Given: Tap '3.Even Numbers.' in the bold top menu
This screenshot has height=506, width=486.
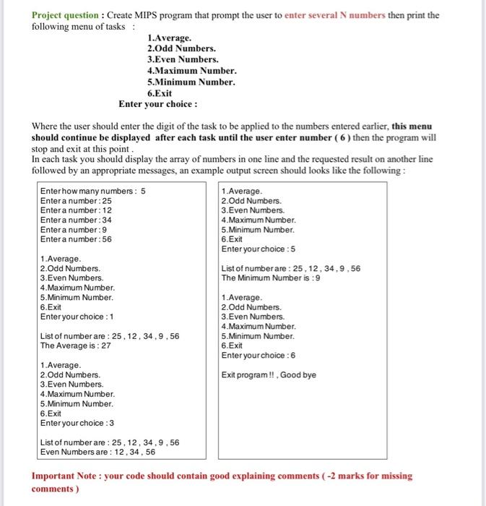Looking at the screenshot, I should pyautogui.click(x=182, y=59).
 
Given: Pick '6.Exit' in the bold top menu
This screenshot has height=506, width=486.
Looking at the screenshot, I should pyautogui.click(x=160, y=93).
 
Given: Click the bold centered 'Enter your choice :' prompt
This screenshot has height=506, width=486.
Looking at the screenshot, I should pyautogui.click(x=158, y=104).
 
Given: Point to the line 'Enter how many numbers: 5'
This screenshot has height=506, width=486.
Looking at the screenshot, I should pyautogui.click(x=92, y=192).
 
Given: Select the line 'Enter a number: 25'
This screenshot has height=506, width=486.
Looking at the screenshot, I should pyautogui.click(x=76, y=201).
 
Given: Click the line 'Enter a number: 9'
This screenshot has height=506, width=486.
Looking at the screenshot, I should pyautogui.click(x=74, y=230).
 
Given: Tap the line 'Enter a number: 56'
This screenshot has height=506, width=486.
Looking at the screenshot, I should pyautogui.click(x=76, y=239).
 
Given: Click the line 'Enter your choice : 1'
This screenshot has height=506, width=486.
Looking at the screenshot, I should pyautogui.click(x=77, y=317).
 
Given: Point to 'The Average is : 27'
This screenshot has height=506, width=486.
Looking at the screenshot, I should pyautogui.click(x=75, y=346).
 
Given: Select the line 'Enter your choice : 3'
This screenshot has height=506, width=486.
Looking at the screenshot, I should pyautogui.click(x=77, y=423).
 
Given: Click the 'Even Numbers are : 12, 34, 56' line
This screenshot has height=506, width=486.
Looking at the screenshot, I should pyautogui.click(x=97, y=452).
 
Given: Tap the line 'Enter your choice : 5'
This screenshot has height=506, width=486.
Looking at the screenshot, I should pyautogui.click(x=258, y=249).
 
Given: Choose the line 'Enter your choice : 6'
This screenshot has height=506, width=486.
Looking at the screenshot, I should pyautogui.click(x=258, y=355).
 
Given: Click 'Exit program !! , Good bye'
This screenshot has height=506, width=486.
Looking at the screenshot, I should pyautogui.click(x=269, y=374).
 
